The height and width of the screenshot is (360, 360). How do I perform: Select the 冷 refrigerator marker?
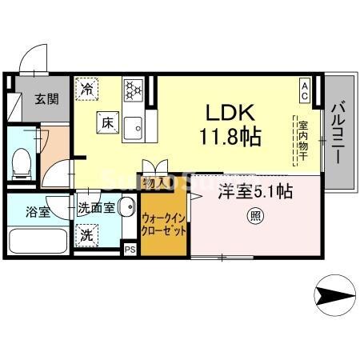click(87, 90)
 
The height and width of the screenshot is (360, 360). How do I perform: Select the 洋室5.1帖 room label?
click(255, 191)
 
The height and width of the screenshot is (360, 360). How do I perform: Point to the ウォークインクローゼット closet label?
click(165, 223)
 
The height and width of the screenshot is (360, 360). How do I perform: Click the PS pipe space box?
click(130, 249)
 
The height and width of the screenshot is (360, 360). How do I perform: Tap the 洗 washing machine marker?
click(86, 235)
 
